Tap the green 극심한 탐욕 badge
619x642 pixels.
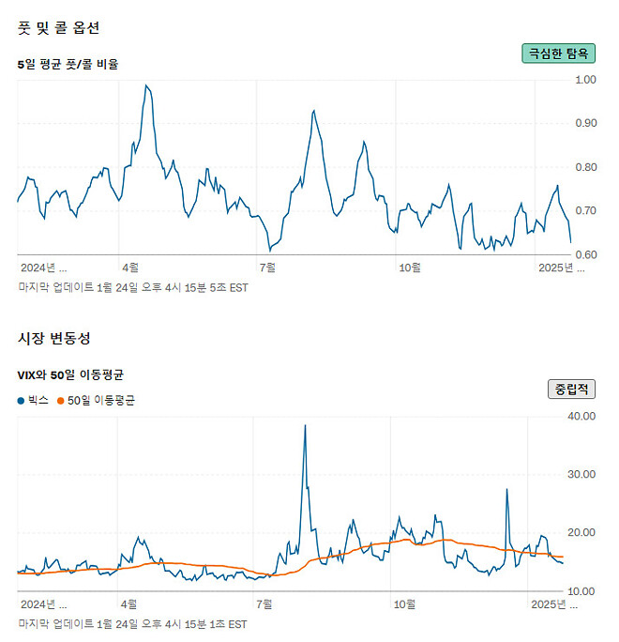point(558,53)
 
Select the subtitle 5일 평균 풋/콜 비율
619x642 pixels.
point(68,64)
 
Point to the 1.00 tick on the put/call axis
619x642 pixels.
point(585,80)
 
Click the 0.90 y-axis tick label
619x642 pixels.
point(585,123)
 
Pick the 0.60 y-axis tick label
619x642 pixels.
point(585,255)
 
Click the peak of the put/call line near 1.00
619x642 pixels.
point(145,85)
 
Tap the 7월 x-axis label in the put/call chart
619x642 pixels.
point(268,267)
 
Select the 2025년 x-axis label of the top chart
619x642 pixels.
point(559,267)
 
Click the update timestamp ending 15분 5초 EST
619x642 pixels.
point(133,287)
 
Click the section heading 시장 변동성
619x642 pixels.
point(54,337)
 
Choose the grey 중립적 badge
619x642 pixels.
point(570,389)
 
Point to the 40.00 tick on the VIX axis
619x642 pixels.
point(583,416)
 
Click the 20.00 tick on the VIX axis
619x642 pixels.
point(583,532)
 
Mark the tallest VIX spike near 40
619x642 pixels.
point(305,425)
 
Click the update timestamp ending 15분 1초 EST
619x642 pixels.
point(133,623)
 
